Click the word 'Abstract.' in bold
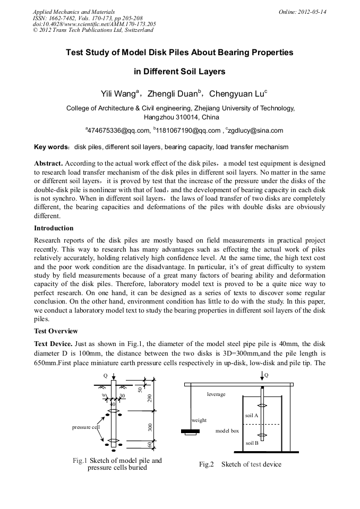pyautogui.click(x=49, y=163)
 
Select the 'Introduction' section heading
pyautogui.click(x=54, y=228)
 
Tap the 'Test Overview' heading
pyautogui.click(x=56, y=331)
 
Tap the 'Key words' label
pyautogui.click(x=50, y=146)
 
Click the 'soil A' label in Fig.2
pyautogui.click(x=252, y=415)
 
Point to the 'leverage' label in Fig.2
pyautogui.click(x=216, y=394)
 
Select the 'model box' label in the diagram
pyautogui.click(x=227, y=430)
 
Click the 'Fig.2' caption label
pyautogui.click(x=206, y=464)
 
